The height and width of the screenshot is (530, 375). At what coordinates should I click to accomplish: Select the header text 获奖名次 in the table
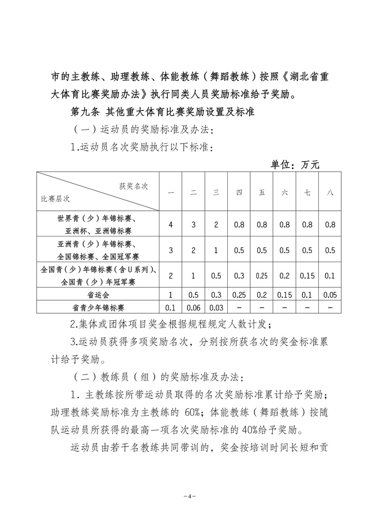[134, 186]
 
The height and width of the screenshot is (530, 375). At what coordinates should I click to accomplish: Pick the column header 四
[239, 192]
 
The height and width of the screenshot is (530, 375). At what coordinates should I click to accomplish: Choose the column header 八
[330, 192]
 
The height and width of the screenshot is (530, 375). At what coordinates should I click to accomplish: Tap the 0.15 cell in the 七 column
[307, 276]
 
